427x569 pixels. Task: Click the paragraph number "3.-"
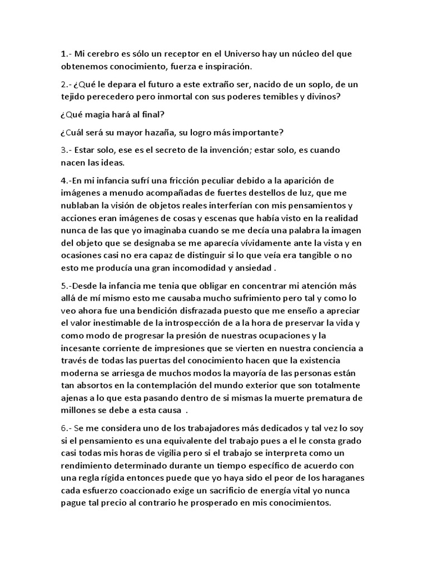(x=68, y=150)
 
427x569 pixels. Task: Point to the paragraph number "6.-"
(x=68, y=428)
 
